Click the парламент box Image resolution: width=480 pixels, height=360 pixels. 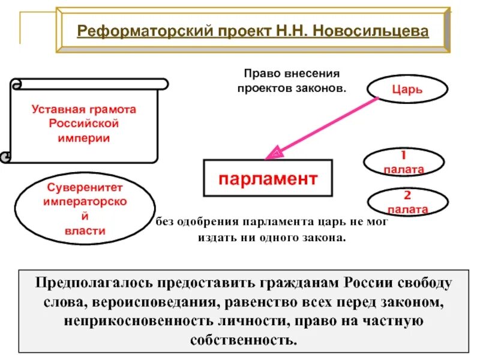(x=268, y=178)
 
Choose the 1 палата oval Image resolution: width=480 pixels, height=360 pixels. (x=404, y=163)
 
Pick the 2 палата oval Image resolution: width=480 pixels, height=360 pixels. (x=407, y=203)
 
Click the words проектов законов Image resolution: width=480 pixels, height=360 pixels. (x=291, y=88)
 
